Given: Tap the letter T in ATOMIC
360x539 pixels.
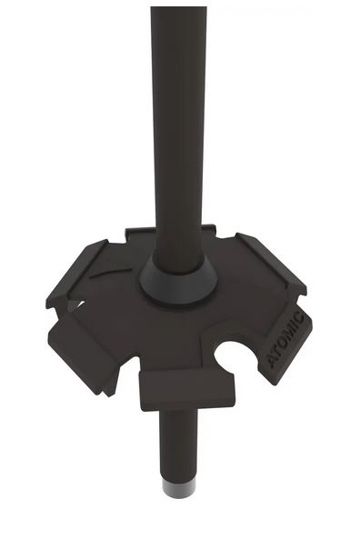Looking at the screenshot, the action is [277, 352].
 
